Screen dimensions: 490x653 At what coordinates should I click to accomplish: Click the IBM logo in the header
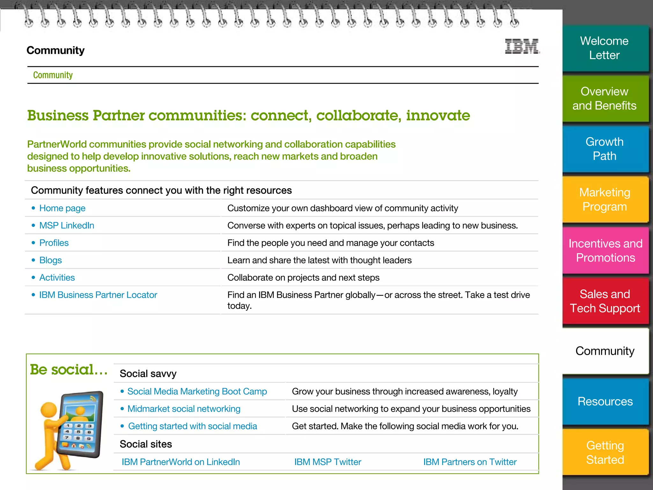[522, 47]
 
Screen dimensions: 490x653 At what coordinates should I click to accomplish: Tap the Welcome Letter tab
[605, 48]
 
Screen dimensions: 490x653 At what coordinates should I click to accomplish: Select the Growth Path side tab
[605, 149]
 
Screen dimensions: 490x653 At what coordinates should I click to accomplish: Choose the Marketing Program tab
[605, 199]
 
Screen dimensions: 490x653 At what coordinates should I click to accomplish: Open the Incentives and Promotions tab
[605, 250]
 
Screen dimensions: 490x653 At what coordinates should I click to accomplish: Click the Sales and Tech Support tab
[605, 301]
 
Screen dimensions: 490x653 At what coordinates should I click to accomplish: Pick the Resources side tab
[605, 401]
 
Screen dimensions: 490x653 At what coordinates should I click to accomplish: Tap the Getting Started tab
[605, 452]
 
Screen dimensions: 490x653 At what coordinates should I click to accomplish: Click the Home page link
[62, 208]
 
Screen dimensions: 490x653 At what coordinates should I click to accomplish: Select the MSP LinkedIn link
[67, 226]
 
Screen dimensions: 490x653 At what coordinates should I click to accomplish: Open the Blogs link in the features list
[50, 260]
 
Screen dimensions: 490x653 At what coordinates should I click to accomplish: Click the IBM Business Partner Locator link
[98, 295]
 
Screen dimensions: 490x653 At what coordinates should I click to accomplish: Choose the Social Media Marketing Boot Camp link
[197, 391]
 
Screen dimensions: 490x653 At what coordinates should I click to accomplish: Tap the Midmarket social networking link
[184, 409]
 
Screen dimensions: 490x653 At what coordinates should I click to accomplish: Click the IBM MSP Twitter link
[327, 462]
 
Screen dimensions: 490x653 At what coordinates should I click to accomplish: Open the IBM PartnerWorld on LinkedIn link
[180, 462]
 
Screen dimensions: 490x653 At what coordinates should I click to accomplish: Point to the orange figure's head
[49, 410]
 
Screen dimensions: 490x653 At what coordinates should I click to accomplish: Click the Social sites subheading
[146, 444]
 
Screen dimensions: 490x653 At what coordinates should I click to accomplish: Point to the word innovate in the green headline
[438, 115]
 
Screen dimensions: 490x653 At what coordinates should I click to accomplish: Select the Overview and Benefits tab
[605, 99]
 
